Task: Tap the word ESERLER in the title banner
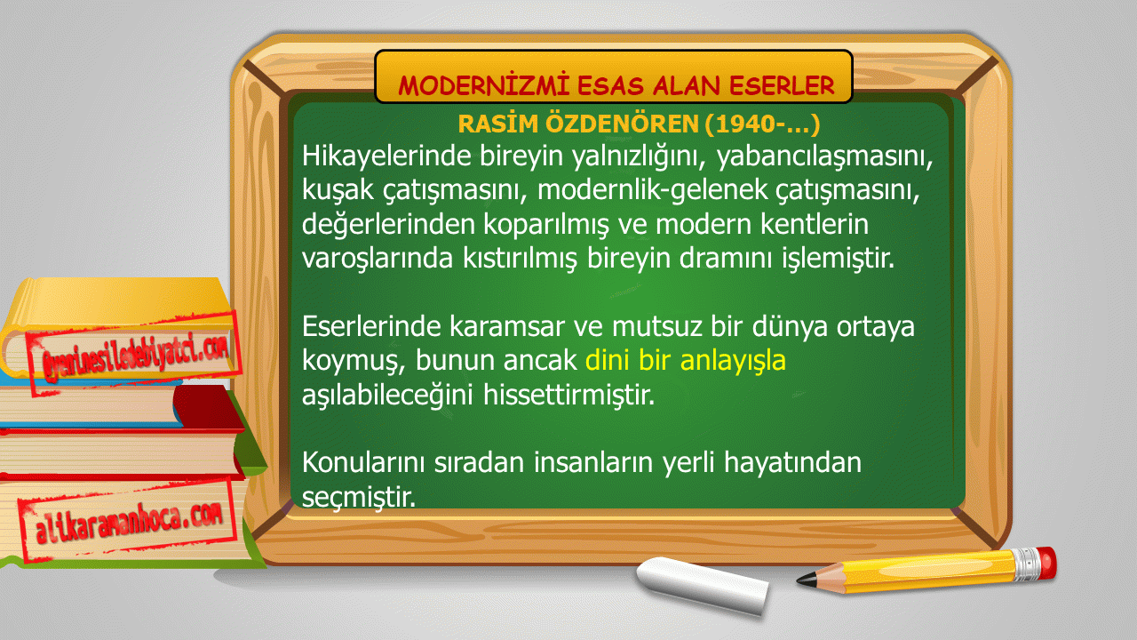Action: click(x=783, y=86)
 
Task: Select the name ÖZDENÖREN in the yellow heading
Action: click(x=622, y=124)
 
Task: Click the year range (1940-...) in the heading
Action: click(x=762, y=124)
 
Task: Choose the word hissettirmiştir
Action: click(x=569, y=395)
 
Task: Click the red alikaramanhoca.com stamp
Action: click(x=129, y=521)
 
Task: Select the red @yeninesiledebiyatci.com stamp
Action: click(x=134, y=353)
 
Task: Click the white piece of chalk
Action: click(x=703, y=585)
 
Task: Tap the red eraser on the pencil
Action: click(x=1046, y=563)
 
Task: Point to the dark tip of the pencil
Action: click(x=806, y=580)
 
